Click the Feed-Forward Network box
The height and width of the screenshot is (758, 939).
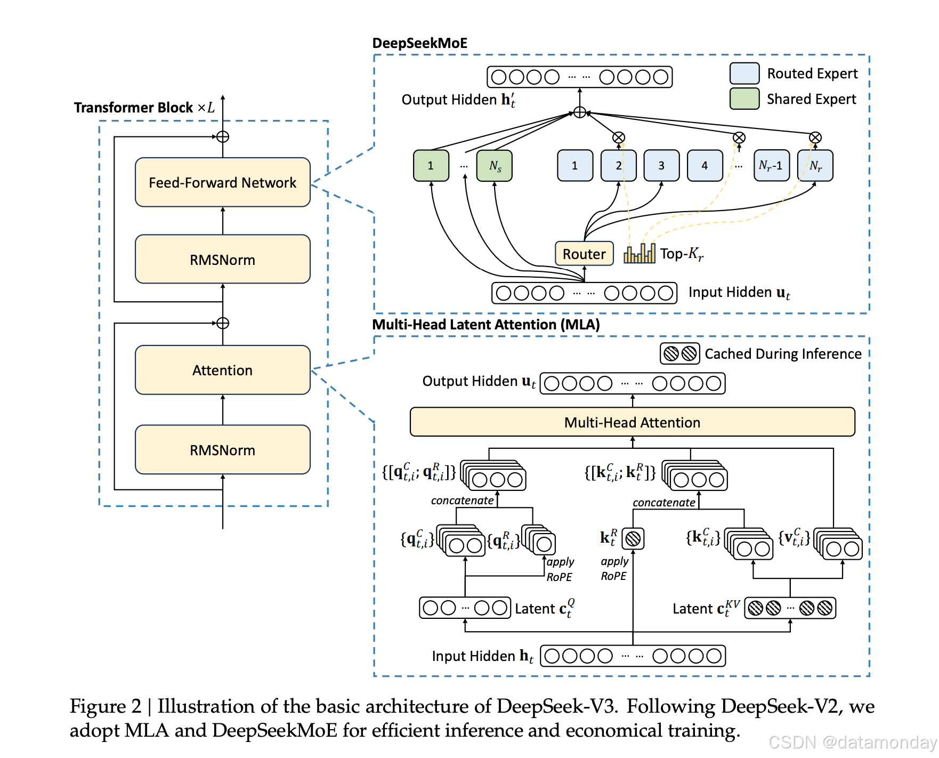(x=223, y=182)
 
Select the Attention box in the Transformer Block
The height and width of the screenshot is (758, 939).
(x=223, y=370)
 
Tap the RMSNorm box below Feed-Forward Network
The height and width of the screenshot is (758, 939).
(x=223, y=260)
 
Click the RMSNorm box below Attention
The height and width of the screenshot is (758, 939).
(x=223, y=450)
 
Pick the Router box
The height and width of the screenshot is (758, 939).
(x=584, y=254)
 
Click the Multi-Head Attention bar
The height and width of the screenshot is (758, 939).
(x=632, y=422)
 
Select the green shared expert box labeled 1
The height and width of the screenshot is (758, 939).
(x=431, y=166)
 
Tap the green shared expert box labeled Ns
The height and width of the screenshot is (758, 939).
(x=495, y=166)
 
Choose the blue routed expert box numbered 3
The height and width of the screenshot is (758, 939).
(x=661, y=166)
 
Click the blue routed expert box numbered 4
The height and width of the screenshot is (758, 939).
(x=705, y=166)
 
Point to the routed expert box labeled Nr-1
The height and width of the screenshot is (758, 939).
(x=771, y=166)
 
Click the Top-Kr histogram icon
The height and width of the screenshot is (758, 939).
(x=640, y=253)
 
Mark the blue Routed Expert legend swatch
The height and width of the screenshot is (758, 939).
(x=744, y=74)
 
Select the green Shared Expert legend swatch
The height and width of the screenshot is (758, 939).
(x=744, y=99)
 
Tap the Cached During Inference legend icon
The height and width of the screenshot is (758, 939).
(x=680, y=353)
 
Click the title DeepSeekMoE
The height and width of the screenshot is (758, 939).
(x=419, y=43)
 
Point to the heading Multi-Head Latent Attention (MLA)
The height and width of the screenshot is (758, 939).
(x=485, y=325)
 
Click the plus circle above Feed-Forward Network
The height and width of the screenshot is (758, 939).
(x=223, y=137)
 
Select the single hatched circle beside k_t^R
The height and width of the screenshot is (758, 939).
(x=633, y=539)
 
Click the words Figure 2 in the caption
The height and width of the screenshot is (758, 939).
(x=106, y=706)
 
